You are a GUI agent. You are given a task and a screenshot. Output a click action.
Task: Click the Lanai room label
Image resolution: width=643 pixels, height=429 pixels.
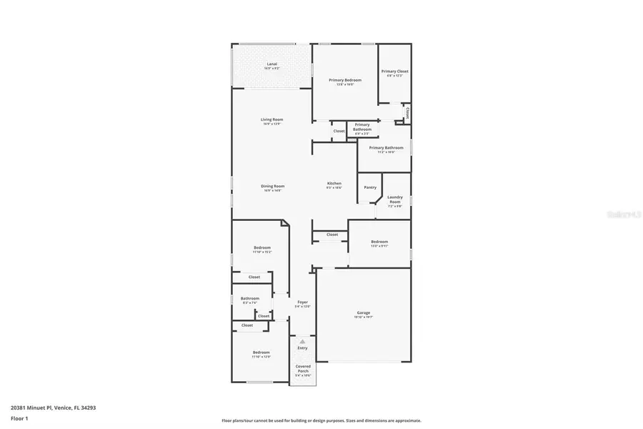(271, 64)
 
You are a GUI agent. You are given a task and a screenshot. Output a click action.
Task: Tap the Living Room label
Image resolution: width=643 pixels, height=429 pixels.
(271, 119)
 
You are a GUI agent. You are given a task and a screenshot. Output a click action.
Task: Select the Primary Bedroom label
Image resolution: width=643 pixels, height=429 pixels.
(345, 80)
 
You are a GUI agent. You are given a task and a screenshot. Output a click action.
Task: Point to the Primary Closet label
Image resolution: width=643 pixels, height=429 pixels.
(394, 71)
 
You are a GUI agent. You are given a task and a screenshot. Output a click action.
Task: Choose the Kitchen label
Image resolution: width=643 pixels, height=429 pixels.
(334, 183)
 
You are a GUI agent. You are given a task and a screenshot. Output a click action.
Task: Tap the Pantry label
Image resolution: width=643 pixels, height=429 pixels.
(370, 187)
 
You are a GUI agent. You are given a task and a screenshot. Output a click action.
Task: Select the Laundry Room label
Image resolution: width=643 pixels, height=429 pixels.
(395, 199)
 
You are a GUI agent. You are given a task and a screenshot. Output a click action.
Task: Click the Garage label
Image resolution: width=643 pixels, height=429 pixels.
(364, 312)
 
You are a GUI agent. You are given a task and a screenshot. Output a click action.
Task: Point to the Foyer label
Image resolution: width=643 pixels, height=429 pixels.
(303, 302)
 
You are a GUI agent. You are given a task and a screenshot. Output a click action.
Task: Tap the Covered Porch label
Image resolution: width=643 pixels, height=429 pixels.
(303, 368)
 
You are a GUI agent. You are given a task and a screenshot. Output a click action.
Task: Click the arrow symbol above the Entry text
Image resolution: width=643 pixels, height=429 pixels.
(303, 342)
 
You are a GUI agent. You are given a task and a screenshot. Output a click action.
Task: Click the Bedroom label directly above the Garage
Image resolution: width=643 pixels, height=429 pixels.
(379, 242)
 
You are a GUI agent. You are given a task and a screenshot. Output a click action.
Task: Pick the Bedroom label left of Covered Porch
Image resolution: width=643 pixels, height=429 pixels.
(261, 352)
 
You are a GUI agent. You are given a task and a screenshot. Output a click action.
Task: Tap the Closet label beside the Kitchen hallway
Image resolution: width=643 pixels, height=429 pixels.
(332, 235)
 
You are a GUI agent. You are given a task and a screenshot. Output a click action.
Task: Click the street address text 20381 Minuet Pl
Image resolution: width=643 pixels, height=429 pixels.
(53, 408)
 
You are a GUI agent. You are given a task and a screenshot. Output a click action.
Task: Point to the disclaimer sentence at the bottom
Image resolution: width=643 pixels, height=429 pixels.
(321, 420)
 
